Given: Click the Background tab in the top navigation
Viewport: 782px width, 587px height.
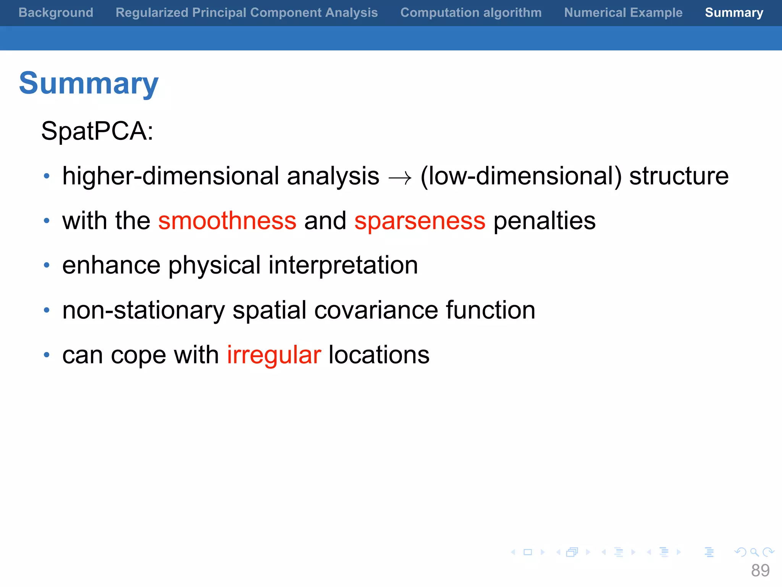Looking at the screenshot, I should pyautogui.click(x=56, y=13).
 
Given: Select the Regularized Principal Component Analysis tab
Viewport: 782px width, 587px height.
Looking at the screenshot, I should pyautogui.click(x=247, y=13).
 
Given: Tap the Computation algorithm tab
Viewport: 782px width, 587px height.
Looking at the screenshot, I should pyautogui.click(x=471, y=13).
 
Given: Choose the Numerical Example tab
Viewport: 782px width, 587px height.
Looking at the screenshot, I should pyautogui.click(x=623, y=13).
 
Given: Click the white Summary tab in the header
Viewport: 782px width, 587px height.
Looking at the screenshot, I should pyautogui.click(x=734, y=13).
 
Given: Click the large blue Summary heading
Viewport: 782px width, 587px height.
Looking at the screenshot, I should pyautogui.click(x=89, y=83).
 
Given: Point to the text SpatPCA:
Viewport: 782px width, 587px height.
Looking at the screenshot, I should pyautogui.click(x=97, y=131).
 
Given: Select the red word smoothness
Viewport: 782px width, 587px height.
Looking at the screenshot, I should pyautogui.click(x=227, y=221).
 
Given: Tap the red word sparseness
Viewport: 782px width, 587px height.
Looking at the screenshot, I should pyautogui.click(x=420, y=221).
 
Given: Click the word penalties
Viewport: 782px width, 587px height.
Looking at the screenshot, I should pyautogui.click(x=544, y=221).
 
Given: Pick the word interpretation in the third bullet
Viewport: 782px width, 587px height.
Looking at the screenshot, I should pyautogui.click(x=343, y=265).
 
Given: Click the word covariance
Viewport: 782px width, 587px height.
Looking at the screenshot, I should pyautogui.click(x=376, y=310).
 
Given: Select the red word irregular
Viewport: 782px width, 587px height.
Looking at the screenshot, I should pyautogui.click(x=274, y=355).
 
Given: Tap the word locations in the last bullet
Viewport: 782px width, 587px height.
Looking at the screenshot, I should pyautogui.click(x=379, y=355).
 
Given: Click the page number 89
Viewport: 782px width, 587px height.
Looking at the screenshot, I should pyautogui.click(x=760, y=571).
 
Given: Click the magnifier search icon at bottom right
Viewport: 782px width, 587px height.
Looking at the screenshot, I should pyautogui.click(x=754, y=552).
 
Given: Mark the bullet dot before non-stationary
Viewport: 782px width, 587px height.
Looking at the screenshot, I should pyautogui.click(x=47, y=310).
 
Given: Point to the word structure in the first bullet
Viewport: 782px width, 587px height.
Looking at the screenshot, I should pyautogui.click(x=679, y=176).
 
